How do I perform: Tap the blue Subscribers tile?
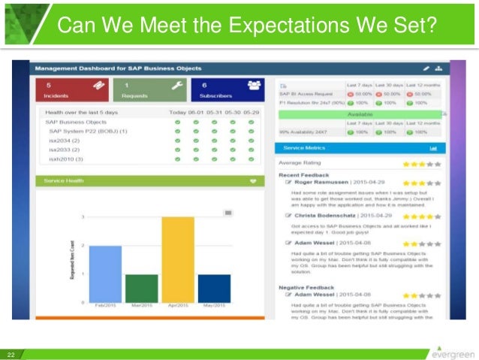coord(227,91)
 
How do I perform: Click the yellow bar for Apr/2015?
coord(177,260)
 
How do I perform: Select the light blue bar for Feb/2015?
coord(105,274)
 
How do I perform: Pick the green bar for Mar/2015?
coord(141,289)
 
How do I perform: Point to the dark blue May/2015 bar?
coord(214,289)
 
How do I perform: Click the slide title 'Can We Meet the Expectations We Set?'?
coord(247,27)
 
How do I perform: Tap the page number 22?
coord(11,354)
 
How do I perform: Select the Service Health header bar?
coord(149,181)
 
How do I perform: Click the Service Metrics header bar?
coord(360,148)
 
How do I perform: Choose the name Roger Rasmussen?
coord(319,182)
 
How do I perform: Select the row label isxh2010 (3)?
coord(67,159)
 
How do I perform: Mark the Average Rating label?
coord(300,163)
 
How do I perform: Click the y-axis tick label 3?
coord(82,217)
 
